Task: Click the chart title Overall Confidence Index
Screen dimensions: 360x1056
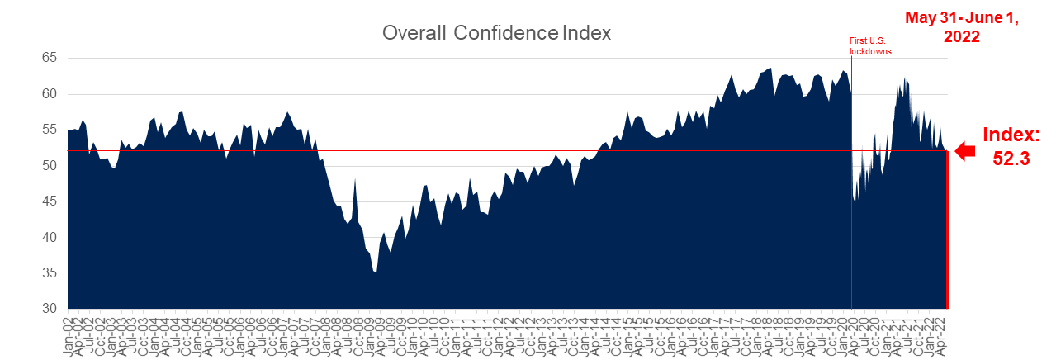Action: [496, 33]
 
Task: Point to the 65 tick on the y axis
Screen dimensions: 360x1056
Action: [50, 58]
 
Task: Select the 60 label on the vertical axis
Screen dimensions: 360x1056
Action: [50, 94]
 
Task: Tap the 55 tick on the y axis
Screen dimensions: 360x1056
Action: [50, 130]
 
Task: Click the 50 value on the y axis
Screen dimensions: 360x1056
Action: [50, 166]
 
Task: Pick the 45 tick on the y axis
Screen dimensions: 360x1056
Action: [50, 201]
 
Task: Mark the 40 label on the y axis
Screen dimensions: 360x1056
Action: [50, 238]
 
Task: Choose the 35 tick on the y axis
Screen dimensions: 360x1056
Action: [50, 273]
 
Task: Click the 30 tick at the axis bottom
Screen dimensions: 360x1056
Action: [50, 309]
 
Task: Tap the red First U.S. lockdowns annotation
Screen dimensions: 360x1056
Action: [871, 45]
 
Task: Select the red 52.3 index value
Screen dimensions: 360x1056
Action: [1011, 159]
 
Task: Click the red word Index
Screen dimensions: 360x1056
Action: [1010, 135]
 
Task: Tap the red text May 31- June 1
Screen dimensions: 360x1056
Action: [962, 18]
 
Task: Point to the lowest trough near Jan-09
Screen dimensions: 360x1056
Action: [376, 272]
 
